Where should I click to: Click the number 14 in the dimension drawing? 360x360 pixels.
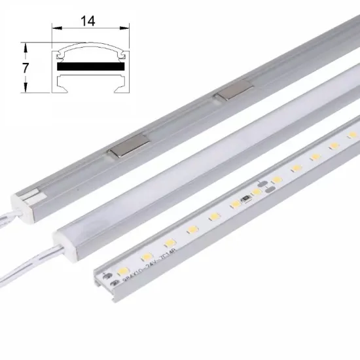88,22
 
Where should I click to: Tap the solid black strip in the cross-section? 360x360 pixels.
91,67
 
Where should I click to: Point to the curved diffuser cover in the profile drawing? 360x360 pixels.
91,54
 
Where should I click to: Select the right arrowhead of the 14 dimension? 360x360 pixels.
126,29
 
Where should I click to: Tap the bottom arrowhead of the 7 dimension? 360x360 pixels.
26,90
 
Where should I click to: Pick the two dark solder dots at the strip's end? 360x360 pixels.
113,279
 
